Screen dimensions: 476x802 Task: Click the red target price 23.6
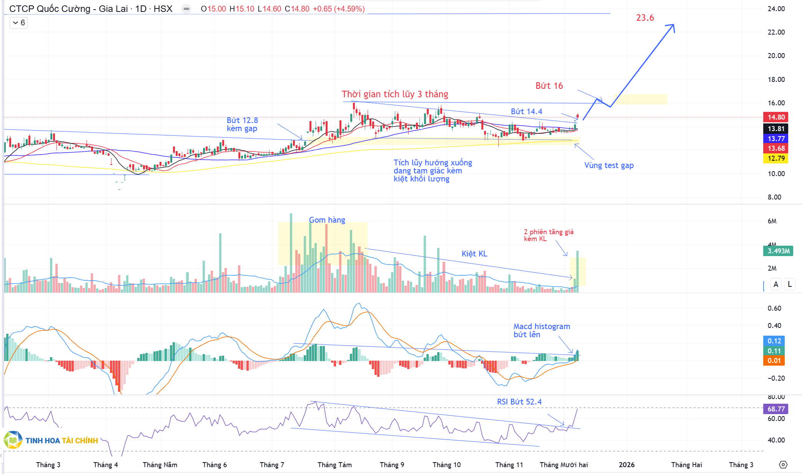(x=645, y=18)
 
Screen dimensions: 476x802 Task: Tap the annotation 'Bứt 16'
(x=549, y=86)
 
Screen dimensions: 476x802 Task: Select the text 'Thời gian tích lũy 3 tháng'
(x=395, y=94)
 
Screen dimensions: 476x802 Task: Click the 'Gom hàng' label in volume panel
(x=327, y=220)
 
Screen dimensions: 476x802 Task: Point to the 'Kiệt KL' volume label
(x=474, y=254)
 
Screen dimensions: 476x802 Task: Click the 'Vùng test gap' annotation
(x=609, y=165)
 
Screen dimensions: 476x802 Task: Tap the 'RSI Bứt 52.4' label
(x=519, y=402)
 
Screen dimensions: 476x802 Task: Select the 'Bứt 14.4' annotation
(x=526, y=112)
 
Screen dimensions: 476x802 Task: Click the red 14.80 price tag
(x=775, y=117)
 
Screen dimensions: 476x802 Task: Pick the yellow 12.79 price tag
(x=775, y=158)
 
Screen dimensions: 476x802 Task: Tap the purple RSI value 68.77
(x=775, y=409)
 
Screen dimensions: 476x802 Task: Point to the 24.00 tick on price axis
(x=776, y=9)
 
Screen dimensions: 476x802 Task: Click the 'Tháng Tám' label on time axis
(x=334, y=465)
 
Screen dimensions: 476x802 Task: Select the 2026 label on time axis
(x=626, y=465)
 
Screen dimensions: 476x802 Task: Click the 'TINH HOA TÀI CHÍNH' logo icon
(x=13, y=440)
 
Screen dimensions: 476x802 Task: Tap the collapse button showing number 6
(x=18, y=23)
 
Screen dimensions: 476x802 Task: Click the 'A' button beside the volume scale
(x=776, y=284)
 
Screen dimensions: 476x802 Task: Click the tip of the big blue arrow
(x=674, y=25)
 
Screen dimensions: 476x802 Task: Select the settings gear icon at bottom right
(x=783, y=465)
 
